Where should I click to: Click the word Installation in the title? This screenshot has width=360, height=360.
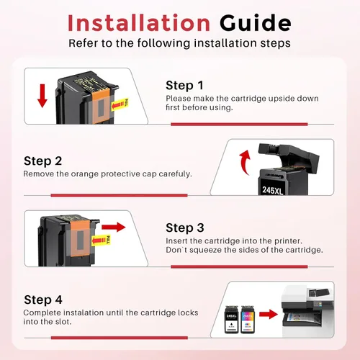coord(139,23)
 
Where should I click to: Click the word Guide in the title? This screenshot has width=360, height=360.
coord(255,23)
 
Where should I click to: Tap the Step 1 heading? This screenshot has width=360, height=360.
coord(184,86)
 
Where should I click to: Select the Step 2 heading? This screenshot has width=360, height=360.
coord(42,161)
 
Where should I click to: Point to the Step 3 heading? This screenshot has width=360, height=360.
coord(185,228)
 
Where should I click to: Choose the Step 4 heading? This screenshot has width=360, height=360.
coord(43,300)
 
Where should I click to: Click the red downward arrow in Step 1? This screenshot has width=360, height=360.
coord(42,96)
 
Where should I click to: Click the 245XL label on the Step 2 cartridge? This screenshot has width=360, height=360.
coord(273,190)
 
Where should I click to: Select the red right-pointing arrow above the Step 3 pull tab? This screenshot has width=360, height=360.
coord(114,227)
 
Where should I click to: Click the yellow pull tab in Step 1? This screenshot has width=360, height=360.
coord(120,104)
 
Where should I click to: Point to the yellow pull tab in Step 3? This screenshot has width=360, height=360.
coord(101,240)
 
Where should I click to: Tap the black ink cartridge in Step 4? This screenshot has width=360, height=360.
coord(231,320)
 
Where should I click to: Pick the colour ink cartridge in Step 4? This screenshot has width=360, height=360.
coord(248,320)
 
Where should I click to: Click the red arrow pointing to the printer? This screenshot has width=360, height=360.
coord(269,314)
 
